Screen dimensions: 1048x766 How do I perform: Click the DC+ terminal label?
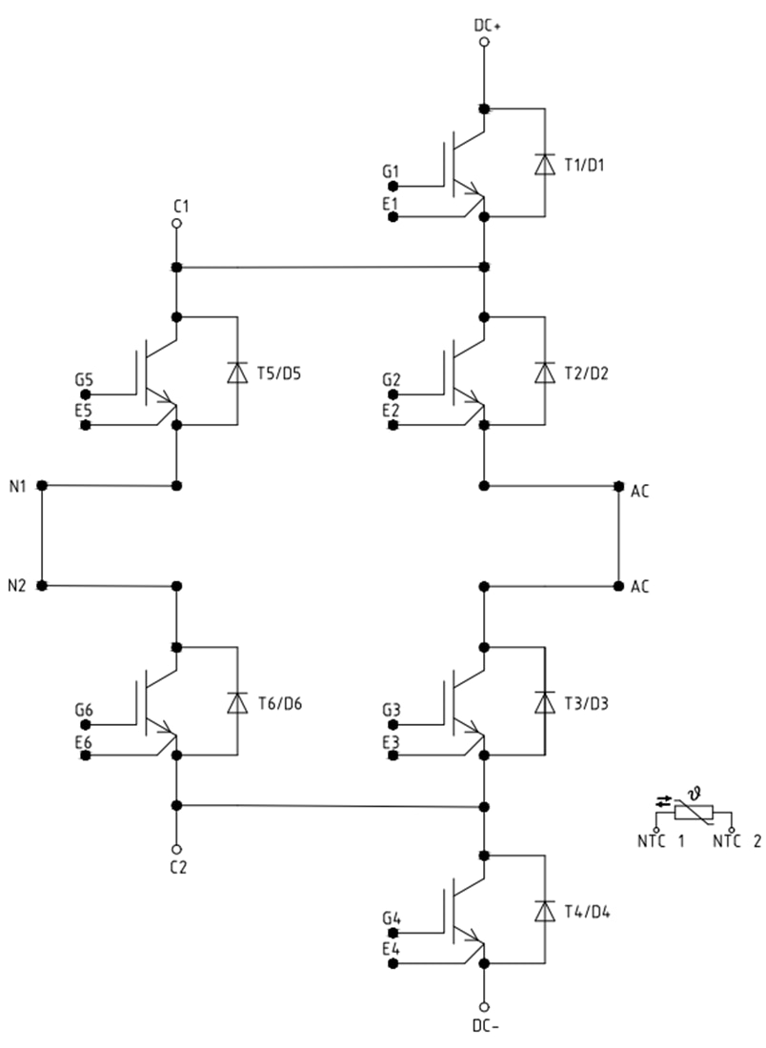pos(488,26)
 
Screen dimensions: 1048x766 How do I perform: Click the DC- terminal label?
pos(486,1026)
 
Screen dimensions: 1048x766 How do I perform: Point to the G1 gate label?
pos(391,172)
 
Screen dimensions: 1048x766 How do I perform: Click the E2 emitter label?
pos(391,411)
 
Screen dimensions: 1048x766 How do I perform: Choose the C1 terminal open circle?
pos(176,224)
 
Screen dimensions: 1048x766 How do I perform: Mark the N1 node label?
pos(18,486)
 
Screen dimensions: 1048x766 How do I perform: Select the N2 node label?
pos(18,585)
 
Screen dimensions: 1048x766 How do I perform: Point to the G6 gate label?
pos(84,710)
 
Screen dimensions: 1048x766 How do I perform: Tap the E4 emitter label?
pos(391,949)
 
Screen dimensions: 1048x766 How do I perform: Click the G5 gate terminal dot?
pos(86,393)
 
